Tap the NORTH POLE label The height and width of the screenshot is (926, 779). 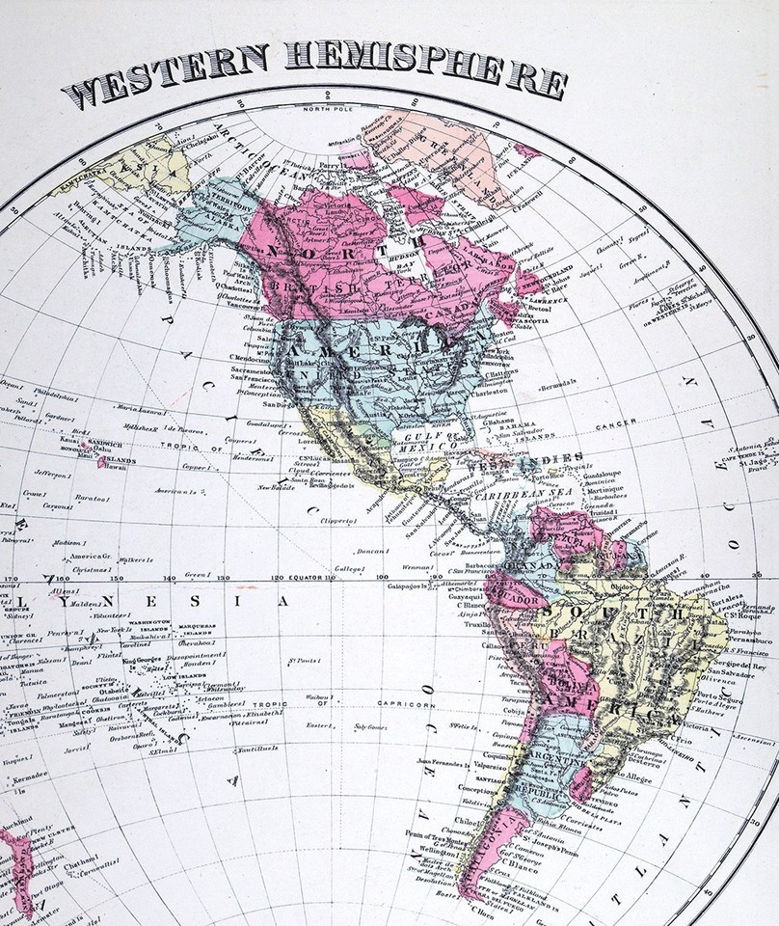click(328, 108)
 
